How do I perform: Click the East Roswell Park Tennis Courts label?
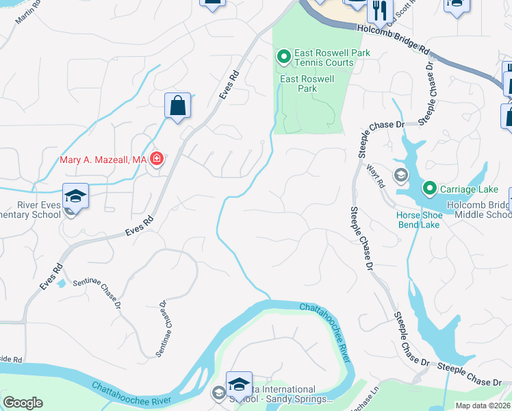pos(324,58)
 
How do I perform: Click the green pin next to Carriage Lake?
pos(430,187)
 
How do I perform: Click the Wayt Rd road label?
pos(381,177)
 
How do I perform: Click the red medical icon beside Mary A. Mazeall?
pos(157,160)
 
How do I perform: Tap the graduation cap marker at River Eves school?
pos(75,197)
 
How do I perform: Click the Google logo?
pos(23,403)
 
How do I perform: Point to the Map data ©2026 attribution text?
pos(483,406)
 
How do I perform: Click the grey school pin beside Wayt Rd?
pos(401,175)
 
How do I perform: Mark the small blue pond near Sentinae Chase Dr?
pos(62,283)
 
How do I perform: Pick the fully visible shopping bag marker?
pos(177,106)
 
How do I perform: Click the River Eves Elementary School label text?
pos(31,209)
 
